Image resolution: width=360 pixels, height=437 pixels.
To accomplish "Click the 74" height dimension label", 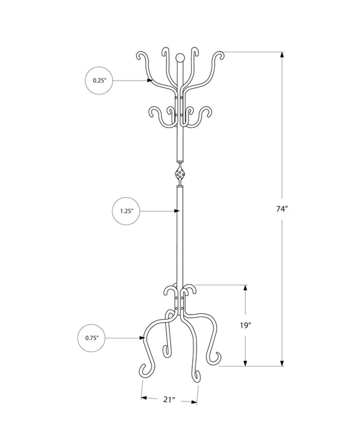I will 283,209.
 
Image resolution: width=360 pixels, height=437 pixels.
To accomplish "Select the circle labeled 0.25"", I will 99,81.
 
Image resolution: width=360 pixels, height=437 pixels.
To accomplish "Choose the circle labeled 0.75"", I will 92,338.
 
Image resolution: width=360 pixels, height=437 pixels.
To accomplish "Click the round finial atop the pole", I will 180,59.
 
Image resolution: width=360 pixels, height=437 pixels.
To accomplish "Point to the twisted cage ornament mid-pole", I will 180,173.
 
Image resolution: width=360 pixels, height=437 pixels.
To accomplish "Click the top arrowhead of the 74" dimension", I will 283,55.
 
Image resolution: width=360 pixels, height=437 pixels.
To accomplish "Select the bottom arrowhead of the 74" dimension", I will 283,362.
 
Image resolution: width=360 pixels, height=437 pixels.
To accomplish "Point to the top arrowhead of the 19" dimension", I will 246,288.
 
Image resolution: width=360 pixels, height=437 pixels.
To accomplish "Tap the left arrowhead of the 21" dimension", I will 144,397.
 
